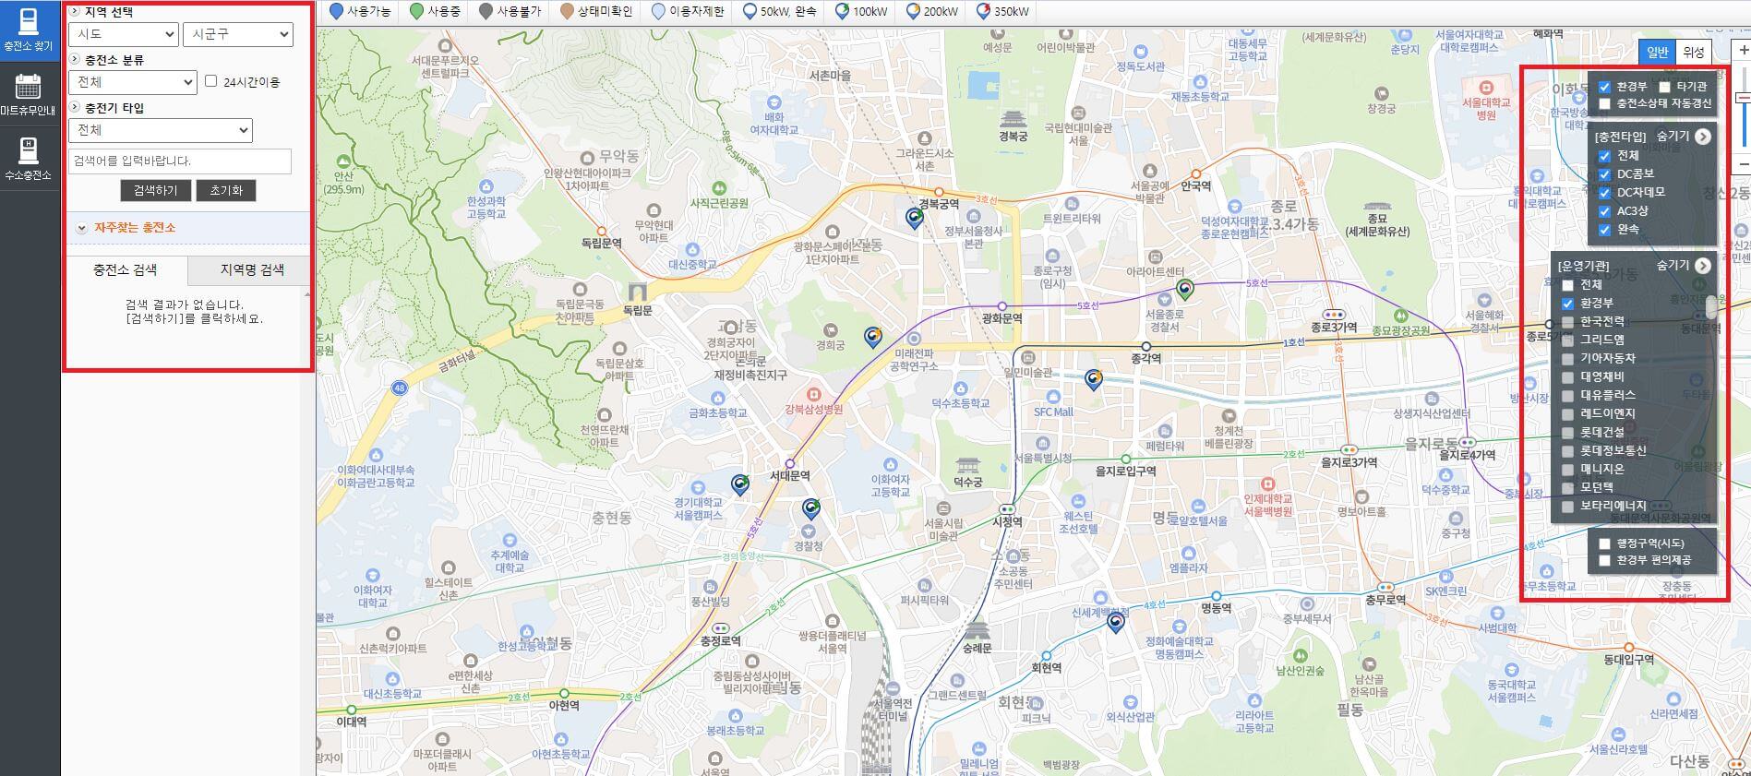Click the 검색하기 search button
click(x=155, y=190)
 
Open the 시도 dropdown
click(x=123, y=34)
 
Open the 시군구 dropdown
click(x=237, y=34)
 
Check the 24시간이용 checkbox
click(x=211, y=81)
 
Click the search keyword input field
click(x=180, y=161)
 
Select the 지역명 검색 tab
click(x=251, y=269)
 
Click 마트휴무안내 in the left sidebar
click(x=28, y=95)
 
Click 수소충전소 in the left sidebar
click(x=28, y=158)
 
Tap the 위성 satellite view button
click(x=1693, y=52)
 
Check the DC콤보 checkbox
click(x=1604, y=174)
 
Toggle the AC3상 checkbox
click(x=1604, y=211)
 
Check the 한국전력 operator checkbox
click(x=1567, y=322)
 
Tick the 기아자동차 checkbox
click(x=1567, y=359)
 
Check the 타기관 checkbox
click(x=1664, y=87)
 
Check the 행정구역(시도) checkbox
click(x=1604, y=543)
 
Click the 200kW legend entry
click(x=931, y=12)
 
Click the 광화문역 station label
click(x=1001, y=318)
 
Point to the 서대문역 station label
click(x=789, y=476)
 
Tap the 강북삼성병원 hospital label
click(x=813, y=409)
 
